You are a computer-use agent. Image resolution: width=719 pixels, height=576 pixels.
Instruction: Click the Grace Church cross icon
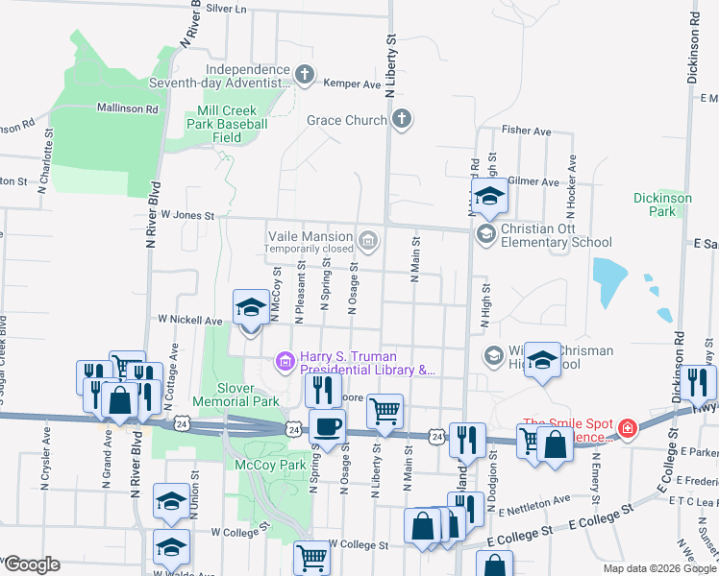click(x=402, y=120)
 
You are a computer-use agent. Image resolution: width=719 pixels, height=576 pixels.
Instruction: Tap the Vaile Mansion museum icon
click(x=368, y=239)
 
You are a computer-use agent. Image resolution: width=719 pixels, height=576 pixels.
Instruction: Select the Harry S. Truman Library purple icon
click(x=285, y=361)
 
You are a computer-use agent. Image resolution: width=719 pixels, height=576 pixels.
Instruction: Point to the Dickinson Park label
click(x=662, y=204)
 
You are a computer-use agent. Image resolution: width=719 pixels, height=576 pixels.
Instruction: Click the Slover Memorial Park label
click(x=236, y=395)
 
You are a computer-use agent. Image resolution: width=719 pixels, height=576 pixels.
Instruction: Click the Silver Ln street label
click(x=226, y=9)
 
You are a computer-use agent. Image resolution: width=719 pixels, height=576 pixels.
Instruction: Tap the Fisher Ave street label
click(x=526, y=131)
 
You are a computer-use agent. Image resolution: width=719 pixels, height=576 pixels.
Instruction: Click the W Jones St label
click(x=186, y=215)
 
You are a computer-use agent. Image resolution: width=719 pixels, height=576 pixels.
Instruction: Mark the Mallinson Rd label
click(x=127, y=109)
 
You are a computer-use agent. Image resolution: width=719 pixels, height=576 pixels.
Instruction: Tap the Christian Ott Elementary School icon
click(x=487, y=234)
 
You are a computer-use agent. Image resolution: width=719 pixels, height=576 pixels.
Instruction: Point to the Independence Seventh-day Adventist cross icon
click(x=305, y=75)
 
